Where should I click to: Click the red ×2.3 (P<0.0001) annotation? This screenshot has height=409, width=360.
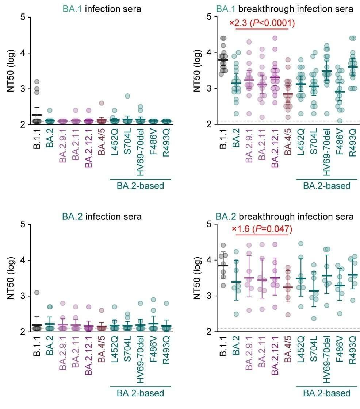[x=262, y=23]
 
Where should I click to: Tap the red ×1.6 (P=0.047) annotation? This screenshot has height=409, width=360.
[x=262, y=229]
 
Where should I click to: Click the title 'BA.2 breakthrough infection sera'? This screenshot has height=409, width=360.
[x=284, y=217]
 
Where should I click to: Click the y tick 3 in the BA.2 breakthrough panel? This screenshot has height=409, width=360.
[x=210, y=296]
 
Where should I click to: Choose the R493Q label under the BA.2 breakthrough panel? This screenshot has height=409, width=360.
[x=352, y=351]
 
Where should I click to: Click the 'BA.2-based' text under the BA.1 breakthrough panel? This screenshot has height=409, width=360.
[x=326, y=186]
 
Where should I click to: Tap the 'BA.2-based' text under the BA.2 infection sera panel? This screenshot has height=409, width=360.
[x=140, y=393]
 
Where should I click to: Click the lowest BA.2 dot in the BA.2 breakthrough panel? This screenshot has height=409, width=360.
[x=236, y=314]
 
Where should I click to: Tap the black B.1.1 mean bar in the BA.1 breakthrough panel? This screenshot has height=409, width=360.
[x=223, y=59]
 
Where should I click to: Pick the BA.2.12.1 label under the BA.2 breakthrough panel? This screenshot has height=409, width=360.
[x=275, y=355]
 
